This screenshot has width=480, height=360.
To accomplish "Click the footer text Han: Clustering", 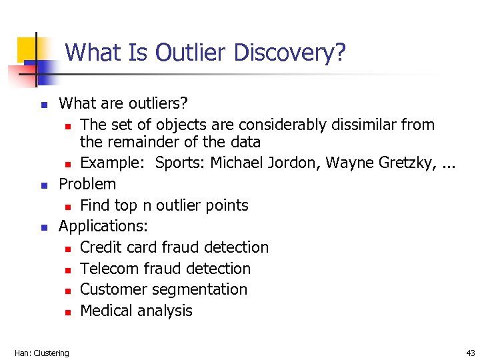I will point(41,353).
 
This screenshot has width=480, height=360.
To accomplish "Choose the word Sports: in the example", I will point(180,163).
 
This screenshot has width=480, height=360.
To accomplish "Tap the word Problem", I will point(87,184).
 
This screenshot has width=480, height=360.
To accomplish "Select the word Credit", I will point(99,247).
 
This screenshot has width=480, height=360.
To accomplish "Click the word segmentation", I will point(200,289).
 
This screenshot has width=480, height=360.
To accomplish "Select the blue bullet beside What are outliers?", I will point(43,105).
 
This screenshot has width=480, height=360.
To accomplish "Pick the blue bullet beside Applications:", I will point(43,227).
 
